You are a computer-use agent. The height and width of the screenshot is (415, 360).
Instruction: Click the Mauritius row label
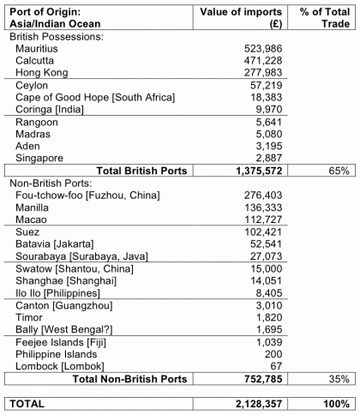tap(38, 51)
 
